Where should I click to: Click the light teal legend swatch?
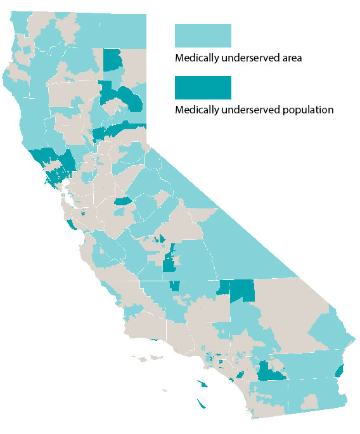(203, 36)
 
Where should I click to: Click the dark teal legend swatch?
(203, 88)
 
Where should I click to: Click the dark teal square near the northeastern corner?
(113, 61)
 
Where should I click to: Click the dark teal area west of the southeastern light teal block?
(270, 372)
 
